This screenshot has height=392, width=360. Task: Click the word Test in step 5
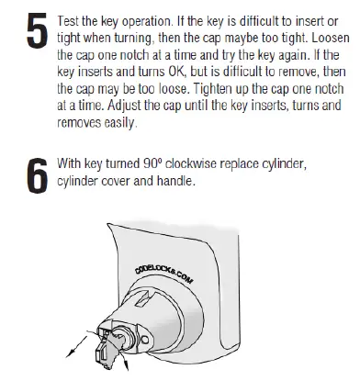[68, 17]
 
